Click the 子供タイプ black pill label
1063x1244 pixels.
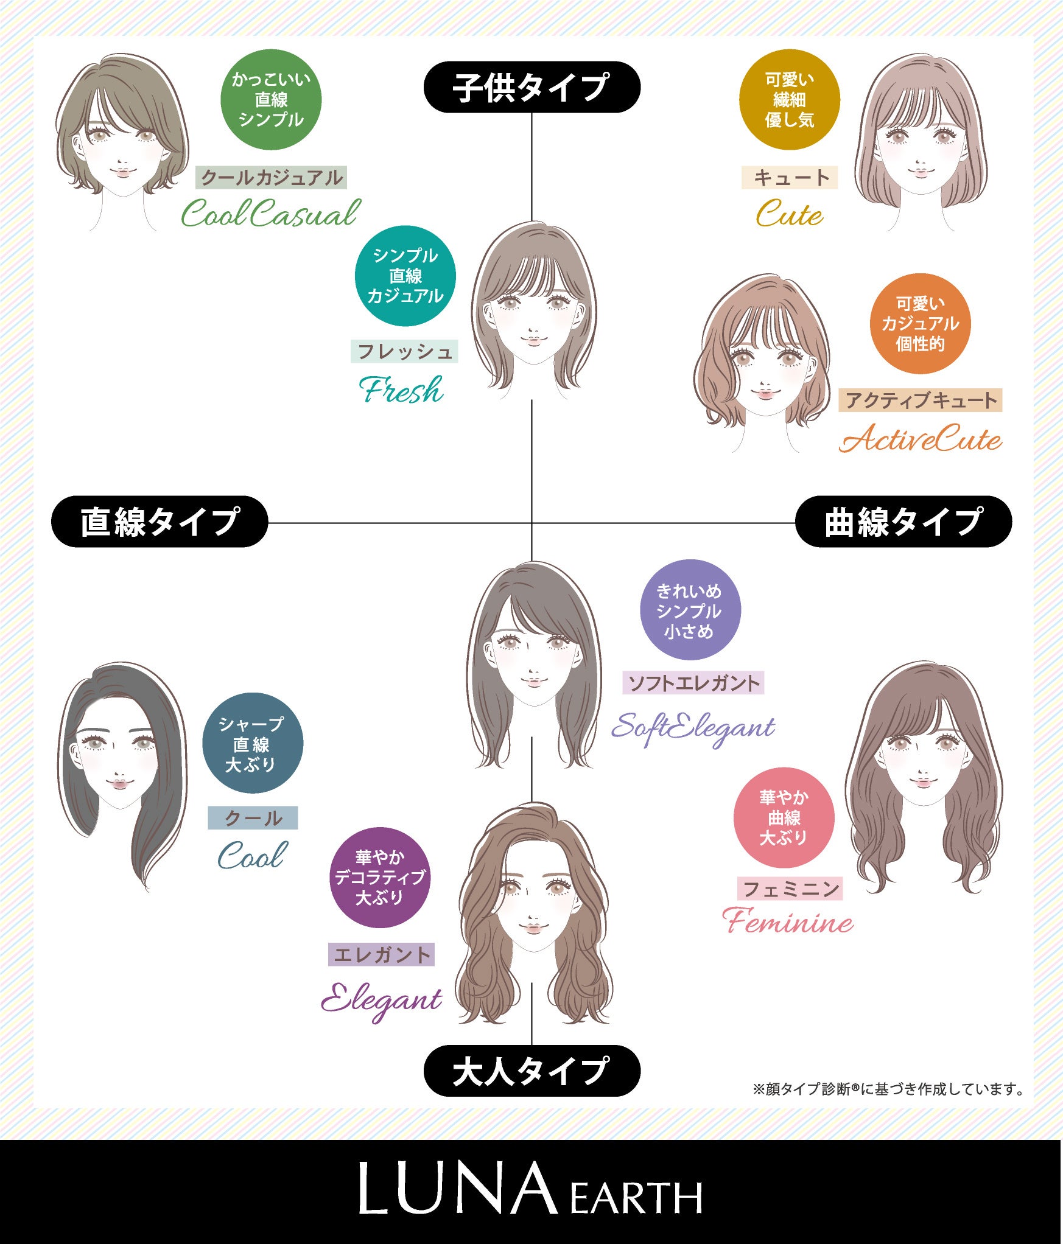(531, 87)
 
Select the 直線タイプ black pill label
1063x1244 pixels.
(160, 522)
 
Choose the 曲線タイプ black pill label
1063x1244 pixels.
(903, 522)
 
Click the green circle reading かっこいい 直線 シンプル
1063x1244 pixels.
(271, 100)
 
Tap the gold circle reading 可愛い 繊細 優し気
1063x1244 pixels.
(790, 100)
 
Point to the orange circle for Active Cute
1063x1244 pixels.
(920, 324)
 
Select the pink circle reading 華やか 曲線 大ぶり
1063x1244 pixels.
(784, 817)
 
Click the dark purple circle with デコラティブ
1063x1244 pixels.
(380, 877)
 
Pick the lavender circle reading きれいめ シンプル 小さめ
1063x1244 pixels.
(690, 610)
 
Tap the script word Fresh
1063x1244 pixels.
(402, 390)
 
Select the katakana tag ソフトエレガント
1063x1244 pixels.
(693, 683)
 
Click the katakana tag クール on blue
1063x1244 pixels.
(253, 817)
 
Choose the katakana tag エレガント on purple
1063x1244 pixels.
(381, 954)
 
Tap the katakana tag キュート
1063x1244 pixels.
(790, 178)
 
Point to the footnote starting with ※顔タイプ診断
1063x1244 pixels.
(888, 1089)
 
